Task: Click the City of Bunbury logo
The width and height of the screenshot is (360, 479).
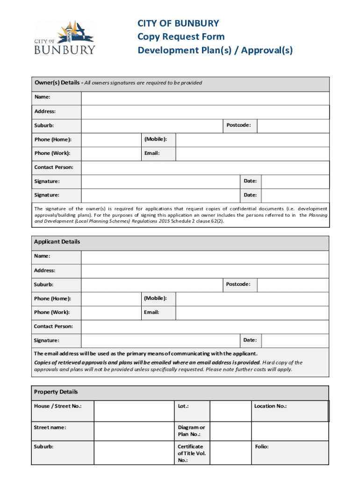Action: coord(65,37)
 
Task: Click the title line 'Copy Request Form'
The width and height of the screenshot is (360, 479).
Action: coord(180,36)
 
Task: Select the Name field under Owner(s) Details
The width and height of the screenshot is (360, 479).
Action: coord(205,98)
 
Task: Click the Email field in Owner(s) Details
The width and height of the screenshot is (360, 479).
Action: coord(252,154)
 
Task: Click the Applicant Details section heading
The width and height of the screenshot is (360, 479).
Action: coord(57,242)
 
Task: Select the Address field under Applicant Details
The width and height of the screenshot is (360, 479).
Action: coord(205,271)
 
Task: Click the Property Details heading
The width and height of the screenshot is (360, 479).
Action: coord(56,392)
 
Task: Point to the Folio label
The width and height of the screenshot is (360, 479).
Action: coord(262,447)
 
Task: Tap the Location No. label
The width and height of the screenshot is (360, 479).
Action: coord(270,406)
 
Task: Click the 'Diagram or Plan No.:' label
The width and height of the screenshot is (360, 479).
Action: coord(191,431)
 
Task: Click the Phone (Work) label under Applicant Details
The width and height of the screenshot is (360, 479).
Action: coord(51,312)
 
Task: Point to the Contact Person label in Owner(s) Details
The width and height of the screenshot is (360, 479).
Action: coord(53,167)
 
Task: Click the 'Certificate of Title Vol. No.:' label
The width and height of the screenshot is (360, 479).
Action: coord(192,453)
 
